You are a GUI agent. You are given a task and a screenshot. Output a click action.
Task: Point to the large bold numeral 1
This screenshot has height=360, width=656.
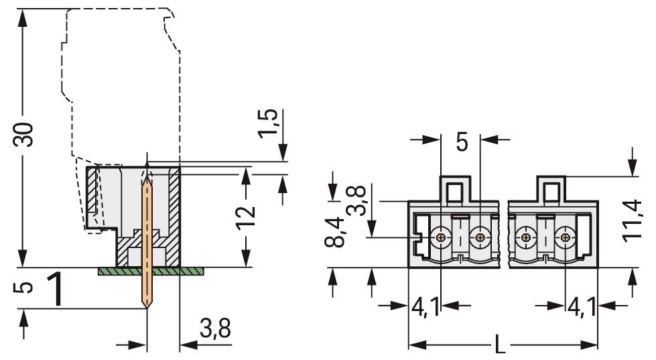(x=58, y=290)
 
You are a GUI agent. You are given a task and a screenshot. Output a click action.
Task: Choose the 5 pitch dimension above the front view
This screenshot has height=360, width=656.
(x=462, y=141)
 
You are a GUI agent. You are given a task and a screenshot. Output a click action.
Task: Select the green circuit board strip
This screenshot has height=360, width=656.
(x=150, y=271)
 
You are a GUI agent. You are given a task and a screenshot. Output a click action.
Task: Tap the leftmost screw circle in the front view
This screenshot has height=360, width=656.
(x=441, y=237)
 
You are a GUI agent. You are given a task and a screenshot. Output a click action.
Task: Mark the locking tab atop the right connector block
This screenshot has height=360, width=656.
(x=551, y=189)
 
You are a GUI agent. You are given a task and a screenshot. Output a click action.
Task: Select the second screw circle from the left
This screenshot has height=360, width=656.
(x=480, y=237)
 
